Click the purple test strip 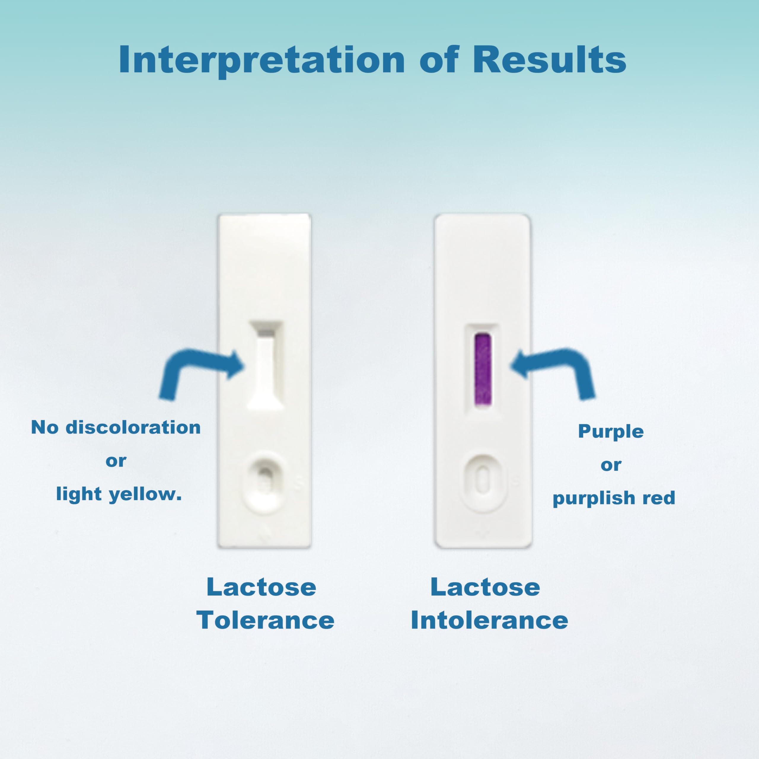483,370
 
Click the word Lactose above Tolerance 261,587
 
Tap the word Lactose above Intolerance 485,587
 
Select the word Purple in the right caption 611,432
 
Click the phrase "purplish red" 614,498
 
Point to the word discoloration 133,428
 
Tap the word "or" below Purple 611,465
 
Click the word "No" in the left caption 45,428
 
